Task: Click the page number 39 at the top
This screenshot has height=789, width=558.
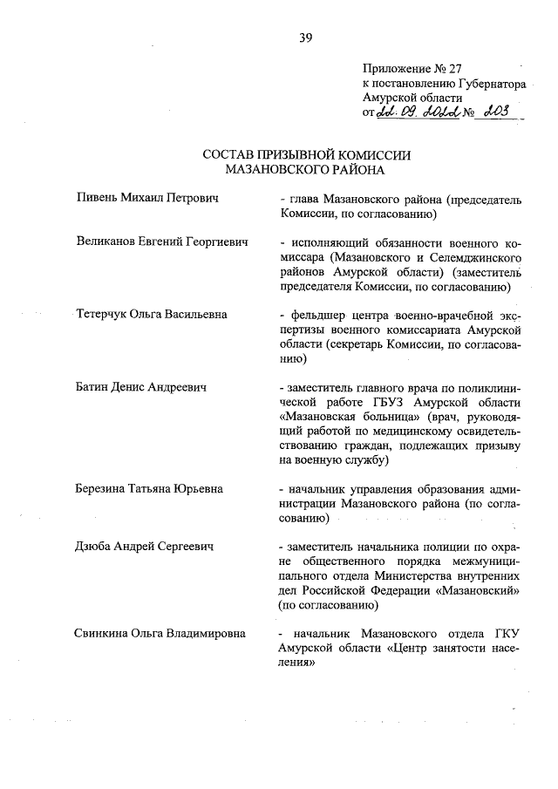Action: click(x=306, y=37)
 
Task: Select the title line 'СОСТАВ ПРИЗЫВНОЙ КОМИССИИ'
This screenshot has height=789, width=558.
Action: click(x=305, y=155)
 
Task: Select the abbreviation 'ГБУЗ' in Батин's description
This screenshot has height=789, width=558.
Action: click(x=388, y=401)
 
